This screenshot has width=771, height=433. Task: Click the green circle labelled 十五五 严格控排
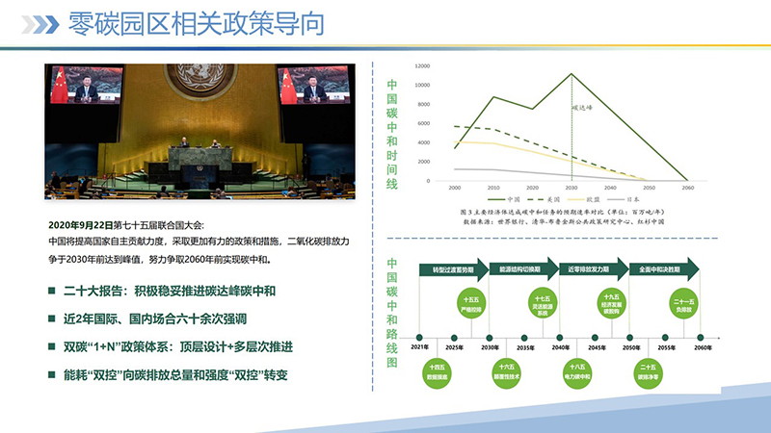point(471,307)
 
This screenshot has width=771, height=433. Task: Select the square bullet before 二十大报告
point(52,292)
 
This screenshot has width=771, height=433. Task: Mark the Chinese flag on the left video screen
point(60,85)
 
